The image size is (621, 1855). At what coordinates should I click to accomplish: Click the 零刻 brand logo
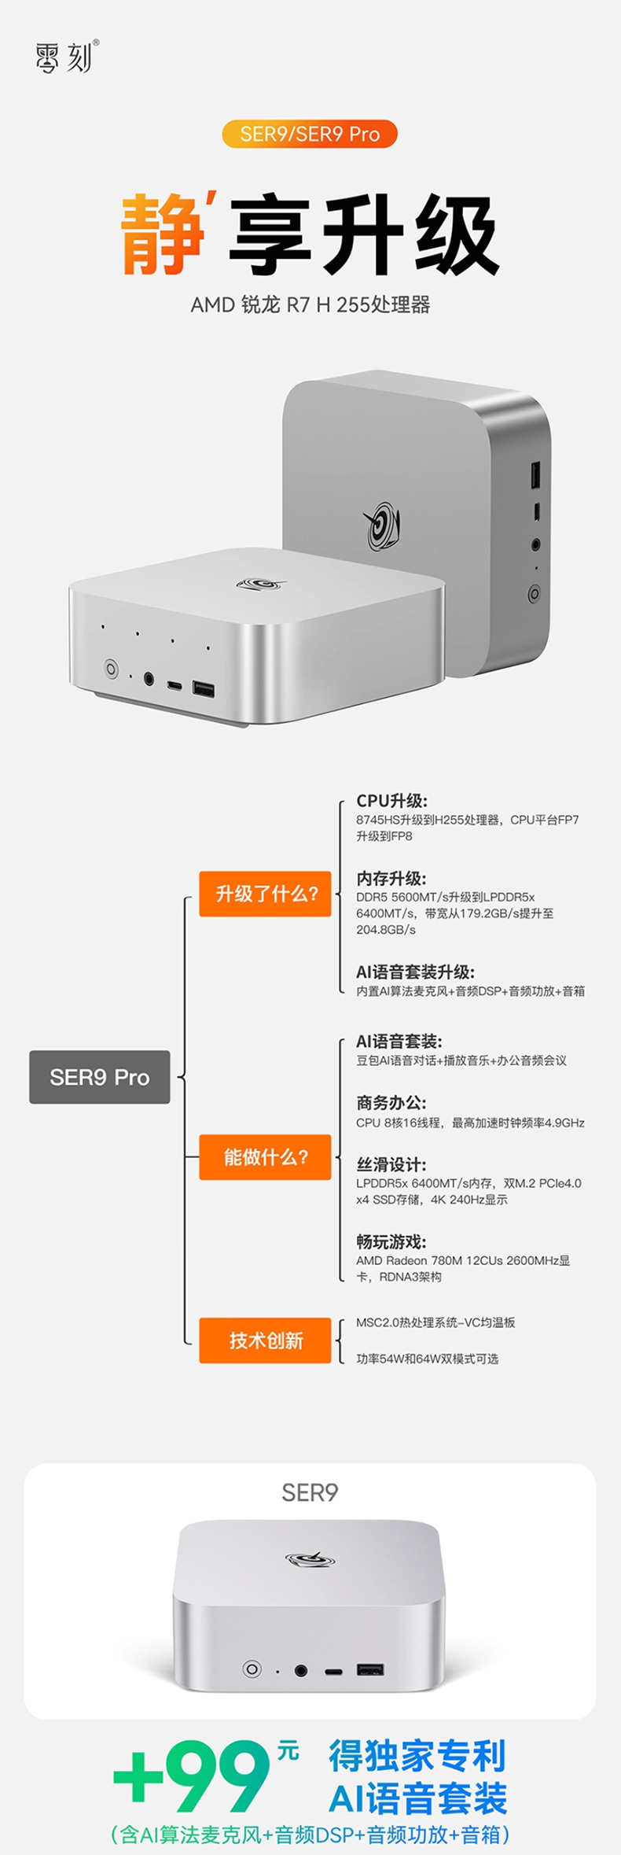(x=67, y=57)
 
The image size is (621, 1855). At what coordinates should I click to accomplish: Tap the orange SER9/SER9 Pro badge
(x=310, y=134)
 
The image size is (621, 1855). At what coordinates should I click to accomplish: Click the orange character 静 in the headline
(x=164, y=234)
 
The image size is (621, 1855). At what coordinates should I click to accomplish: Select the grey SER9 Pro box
(x=100, y=1077)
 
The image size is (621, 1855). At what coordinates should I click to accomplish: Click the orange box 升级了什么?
(x=265, y=894)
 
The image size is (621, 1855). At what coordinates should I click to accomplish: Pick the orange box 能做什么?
(x=265, y=1157)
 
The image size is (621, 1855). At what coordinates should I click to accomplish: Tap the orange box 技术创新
(x=265, y=1341)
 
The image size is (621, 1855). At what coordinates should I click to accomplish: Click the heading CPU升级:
(x=391, y=801)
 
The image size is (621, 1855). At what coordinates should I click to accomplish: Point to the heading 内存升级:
(x=391, y=879)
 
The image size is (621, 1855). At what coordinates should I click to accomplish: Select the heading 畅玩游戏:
(x=391, y=1242)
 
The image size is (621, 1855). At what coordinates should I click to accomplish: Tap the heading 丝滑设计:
(x=391, y=1165)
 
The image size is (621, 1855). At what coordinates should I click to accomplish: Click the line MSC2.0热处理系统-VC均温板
(x=435, y=1322)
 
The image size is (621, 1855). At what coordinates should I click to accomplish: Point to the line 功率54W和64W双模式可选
(x=427, y=1359)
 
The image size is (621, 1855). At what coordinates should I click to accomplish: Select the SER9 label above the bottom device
(x=310, y=1492)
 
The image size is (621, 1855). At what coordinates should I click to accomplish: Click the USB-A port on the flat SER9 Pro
(x=204, y=690)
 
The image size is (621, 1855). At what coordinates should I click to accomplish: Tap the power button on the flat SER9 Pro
(x=112, y=669)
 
